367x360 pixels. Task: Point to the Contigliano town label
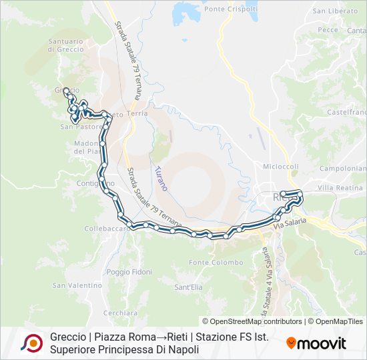pos(95,183)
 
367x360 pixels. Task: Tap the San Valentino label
pos(76,285)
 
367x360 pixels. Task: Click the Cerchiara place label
pos(121,313)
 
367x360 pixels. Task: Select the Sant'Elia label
pos(188,287)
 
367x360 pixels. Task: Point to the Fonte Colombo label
pos(216,263)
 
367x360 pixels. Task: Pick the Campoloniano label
pos(343,169)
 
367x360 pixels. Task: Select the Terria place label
pos(137,114)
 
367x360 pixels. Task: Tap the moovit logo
pos(316,343)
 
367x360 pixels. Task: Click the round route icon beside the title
pos(31,343)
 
